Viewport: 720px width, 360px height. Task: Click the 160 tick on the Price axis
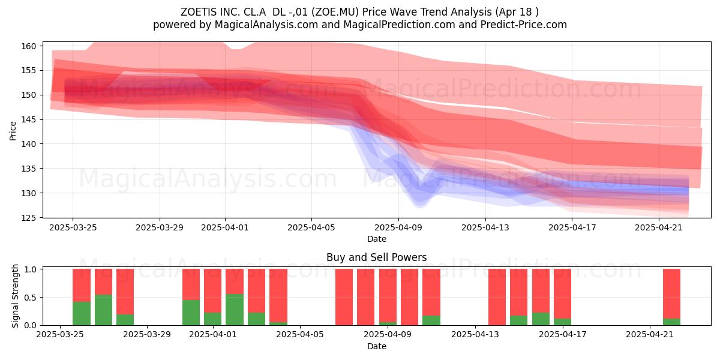[29, 46]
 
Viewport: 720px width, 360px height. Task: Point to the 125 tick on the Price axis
[29, 218]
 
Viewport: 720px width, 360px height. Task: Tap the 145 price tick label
[29, 120]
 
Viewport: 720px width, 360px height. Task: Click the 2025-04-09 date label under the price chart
[398, 228]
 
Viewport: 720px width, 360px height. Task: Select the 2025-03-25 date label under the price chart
[73, 228]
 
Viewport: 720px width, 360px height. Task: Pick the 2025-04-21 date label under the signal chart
[650, 335]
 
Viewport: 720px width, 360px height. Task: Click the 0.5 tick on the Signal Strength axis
[30, 298]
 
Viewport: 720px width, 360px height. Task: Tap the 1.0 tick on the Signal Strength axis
[30, 269]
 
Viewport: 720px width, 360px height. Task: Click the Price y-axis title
[13, 131]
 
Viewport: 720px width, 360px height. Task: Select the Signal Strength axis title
[15, 296]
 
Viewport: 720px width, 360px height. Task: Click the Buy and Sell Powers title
[376, 257]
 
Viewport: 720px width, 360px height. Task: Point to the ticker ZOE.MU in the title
[335, 12]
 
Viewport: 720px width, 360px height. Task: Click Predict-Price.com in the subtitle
[524, 25]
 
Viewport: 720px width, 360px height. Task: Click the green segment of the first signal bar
[82, 313]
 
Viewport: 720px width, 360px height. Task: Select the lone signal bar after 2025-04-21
[672, 297]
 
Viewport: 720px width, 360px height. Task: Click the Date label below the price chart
[377, 239]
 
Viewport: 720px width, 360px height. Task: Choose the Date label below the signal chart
[377, 347]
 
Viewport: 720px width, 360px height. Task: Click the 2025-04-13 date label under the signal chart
[475, 335]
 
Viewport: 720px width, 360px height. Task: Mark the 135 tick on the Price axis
[29, 169]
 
